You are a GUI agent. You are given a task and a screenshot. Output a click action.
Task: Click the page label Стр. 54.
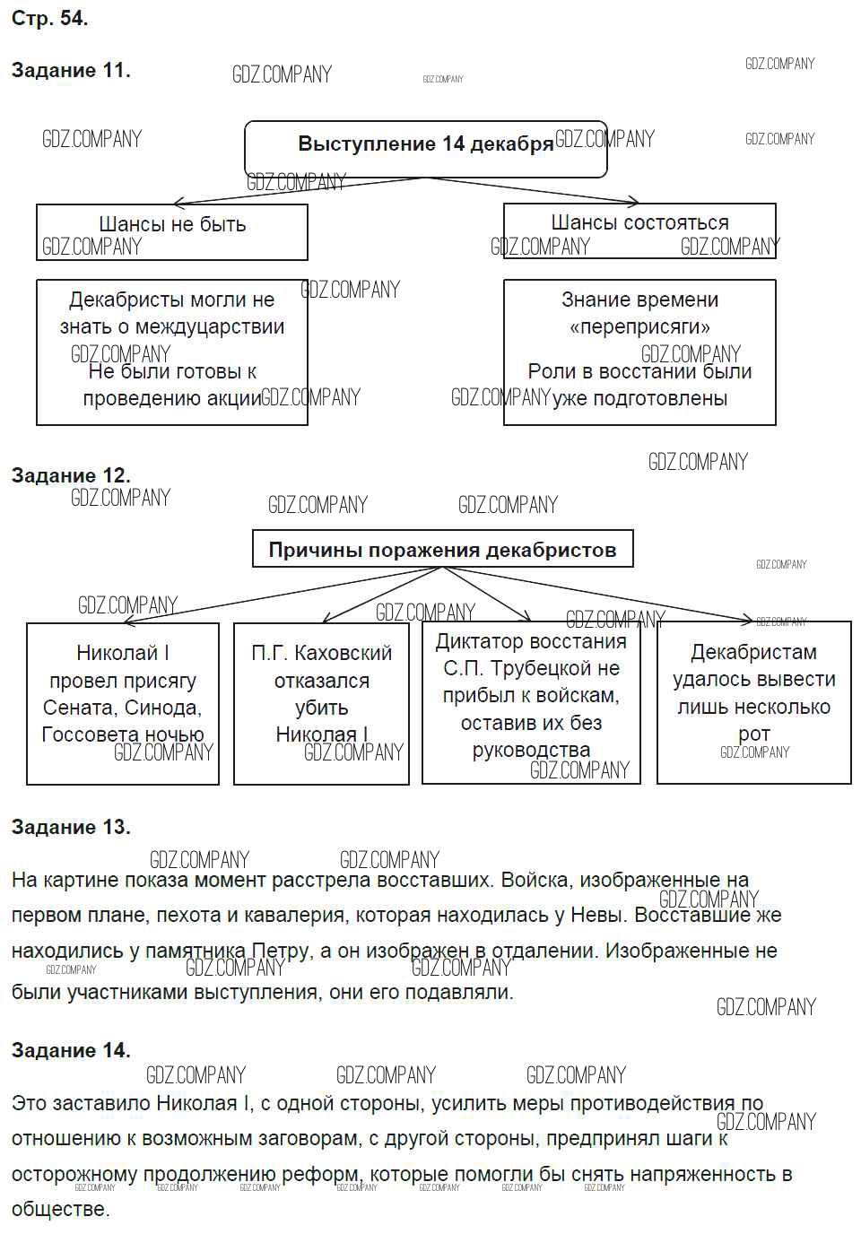click(49, 18)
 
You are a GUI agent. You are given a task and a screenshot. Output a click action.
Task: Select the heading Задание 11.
click(71, 70)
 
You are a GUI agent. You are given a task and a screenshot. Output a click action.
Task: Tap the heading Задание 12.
click(71, 475)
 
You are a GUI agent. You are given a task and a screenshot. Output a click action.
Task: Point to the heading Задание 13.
click(71, 827)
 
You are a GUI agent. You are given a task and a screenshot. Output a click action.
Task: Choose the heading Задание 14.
click(71, 1049)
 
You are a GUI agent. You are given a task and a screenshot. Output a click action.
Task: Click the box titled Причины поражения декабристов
click(442, 549)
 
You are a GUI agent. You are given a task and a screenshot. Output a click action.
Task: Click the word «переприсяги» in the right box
click(639, 326)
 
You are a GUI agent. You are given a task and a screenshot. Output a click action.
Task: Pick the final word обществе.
click(60, 1209)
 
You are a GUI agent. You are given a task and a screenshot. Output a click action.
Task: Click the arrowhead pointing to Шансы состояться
click(634, 202)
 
